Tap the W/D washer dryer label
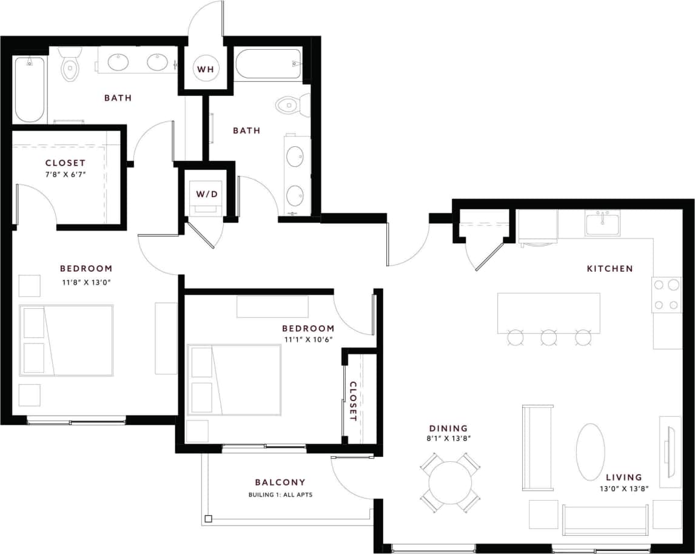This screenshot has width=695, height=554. pyautogui.click(x=206, y=195)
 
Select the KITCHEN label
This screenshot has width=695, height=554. pyautogui.click(x=609, y=268)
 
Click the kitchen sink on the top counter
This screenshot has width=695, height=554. pyautogui.click(x=602, y=223)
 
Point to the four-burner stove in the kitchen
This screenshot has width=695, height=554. pyautogui.click(x=666, y=294)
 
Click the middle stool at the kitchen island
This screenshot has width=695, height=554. pyautogui.click(x=549, y=337)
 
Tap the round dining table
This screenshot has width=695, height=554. pyautogui.click(x=450, y=482)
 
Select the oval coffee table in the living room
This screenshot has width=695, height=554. pyautogui.click(x=590, y=451)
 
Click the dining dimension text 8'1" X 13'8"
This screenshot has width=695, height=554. pyautogui.click(x=449, y=438)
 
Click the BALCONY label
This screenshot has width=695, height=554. pyautogui.click(x=280, y=482)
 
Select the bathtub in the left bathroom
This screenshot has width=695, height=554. pyautogui.click(x=30, y=89)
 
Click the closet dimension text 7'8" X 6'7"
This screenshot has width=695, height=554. pyautogui.click(x=65, y=175)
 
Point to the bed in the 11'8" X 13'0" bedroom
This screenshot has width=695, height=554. pyautogui.click(x=66, y=340)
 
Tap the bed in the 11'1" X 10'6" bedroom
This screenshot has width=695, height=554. pyautogui.click(x=234, y=380)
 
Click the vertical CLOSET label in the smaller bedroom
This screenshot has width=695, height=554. pyautogui.click(x=352, y=401)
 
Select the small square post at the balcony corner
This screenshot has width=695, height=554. pyautogui.click(x=208, y=519)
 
